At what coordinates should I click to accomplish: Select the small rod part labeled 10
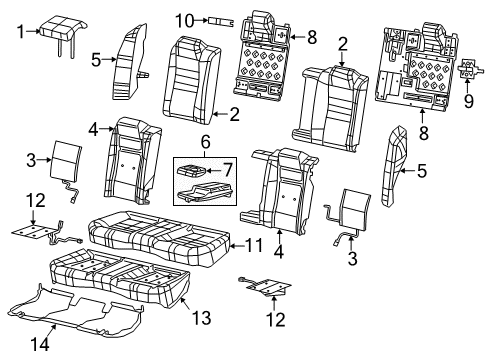click(x=219, y=19)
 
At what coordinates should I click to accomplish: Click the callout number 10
click(x=183, y=19)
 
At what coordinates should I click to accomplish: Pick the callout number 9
click(x=469, y=100)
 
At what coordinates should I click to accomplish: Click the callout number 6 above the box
click(x=205, y=145)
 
